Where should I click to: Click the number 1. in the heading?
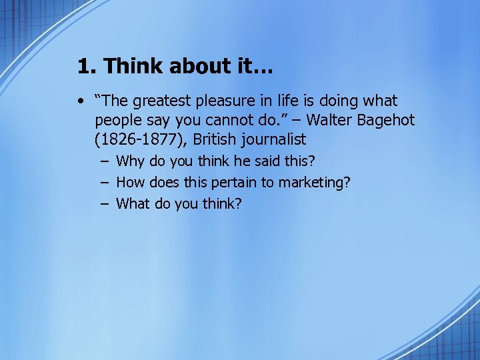tap(87, 66)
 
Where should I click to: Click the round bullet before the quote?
tap(80, 102)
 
